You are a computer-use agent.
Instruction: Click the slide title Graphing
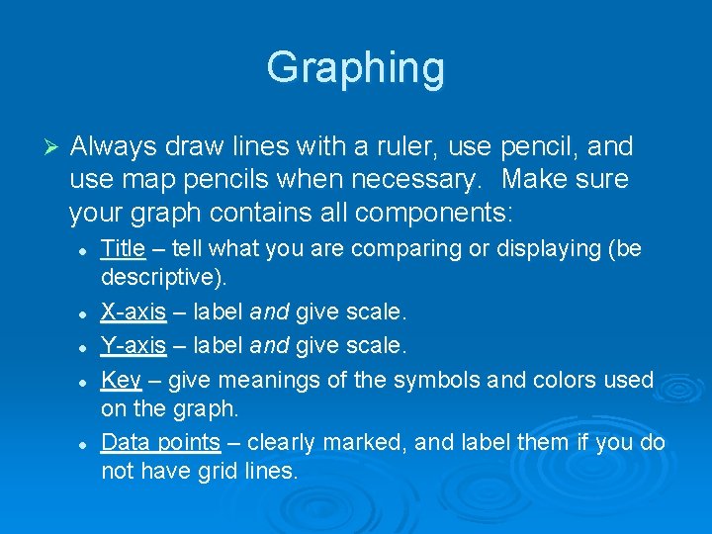pyautogui.click(x=356, y=68)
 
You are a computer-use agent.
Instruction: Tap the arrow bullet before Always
pyautogui.click(x=53, y=147)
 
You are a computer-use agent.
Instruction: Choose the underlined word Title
pyautogui.click(x=124, y=248)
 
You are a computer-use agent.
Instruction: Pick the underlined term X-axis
pyautogui.click(x=133, y=312)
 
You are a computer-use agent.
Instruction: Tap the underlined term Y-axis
pyautogui.click(x=133, y=345)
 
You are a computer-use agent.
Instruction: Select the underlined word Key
pyautogui.click(x=122, y=379)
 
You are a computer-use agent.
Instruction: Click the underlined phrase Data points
pyautogui.click(x=160, y=442)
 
